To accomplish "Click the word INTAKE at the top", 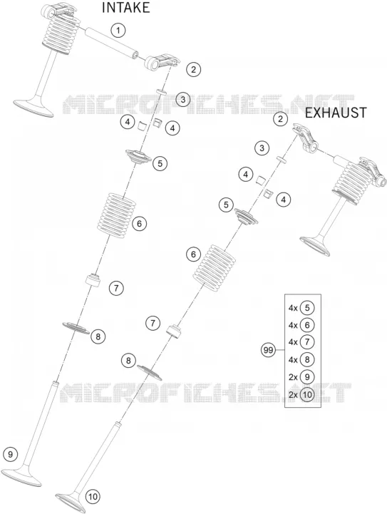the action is click(x=126, y=8).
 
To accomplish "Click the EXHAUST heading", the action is click(x=336, y=113).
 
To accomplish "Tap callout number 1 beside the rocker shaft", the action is click(x=118, y=31).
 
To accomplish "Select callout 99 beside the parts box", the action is click(x=268, y=351).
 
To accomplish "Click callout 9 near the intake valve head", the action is click(x=11, y=455).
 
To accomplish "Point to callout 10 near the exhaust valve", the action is click(x=93, y=497).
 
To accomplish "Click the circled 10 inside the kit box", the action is click(x=307, y=394).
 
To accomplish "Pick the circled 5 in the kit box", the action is click(x=307, y=308).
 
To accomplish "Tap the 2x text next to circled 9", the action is click(x=293, y=377).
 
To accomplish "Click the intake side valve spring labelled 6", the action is click(x=117, y=212).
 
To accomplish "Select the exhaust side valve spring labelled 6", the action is click(x=214, y=267).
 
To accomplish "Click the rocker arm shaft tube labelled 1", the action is click(x=111, y=43).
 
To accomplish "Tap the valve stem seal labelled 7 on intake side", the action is click(x=93, y=280).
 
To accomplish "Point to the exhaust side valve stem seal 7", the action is click(x=175, y=331).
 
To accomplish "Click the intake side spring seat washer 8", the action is click(x=76, y=328).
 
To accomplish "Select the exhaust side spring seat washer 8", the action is click(x=150, y=372).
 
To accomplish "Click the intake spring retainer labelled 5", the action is click(x=138, y=156).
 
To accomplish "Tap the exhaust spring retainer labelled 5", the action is click(x=246, y=217).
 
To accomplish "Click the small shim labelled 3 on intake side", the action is click(x=162, y=91).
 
